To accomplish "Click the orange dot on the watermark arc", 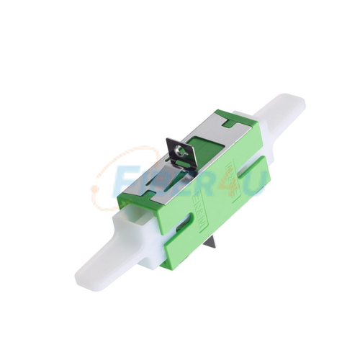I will click(94, 189).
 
